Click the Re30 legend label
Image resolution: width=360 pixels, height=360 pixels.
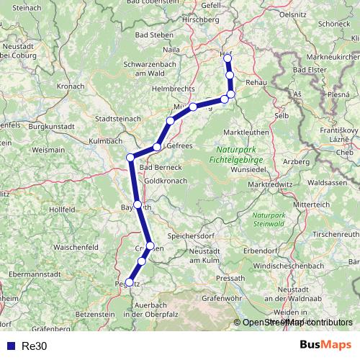click(35, 346)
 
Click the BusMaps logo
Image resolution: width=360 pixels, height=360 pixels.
click(326, 345)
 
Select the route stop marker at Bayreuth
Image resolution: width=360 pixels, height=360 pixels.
click(138, 204)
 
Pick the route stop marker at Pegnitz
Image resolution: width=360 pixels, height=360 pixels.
click(130, 282)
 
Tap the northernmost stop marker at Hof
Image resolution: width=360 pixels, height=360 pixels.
click(227, 58)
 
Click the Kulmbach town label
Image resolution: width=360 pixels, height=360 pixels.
click(106, 141)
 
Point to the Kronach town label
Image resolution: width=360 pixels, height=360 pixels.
click(71, 86)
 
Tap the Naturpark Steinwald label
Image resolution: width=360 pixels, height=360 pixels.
click(270, 218)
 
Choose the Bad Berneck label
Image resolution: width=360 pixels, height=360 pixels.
click(162, 167)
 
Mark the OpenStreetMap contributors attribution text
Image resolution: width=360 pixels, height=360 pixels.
click(297, 323)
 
